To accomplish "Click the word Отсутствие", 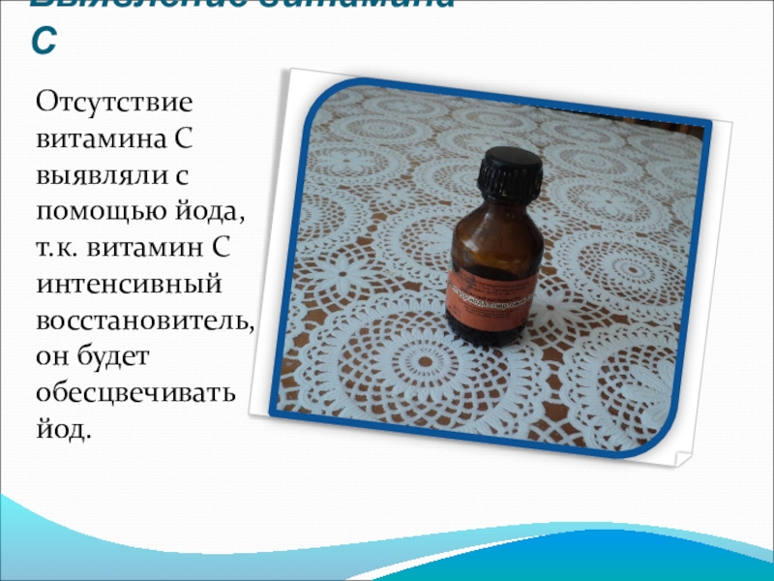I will pos(115,103).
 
